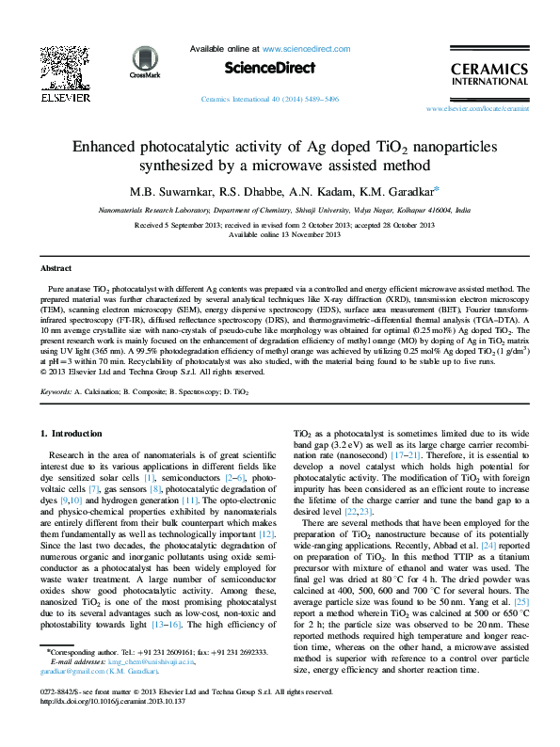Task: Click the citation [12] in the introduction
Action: tap(267, 533)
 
